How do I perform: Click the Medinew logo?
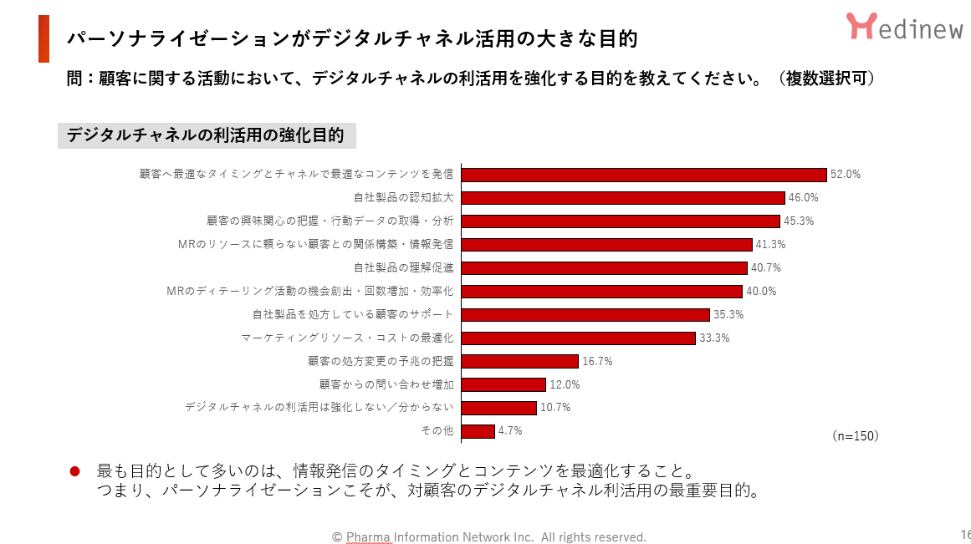pos(904,27)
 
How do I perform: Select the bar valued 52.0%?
pos(644,175)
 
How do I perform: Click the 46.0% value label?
pos(803,198)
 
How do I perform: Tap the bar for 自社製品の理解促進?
pos(604,268)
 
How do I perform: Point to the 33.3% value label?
pos(714,338)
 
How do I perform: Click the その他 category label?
pos(437,431)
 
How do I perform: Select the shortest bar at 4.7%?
pos(478,431)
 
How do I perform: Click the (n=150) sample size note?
pos(856,436)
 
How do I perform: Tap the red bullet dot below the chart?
pos(74,471)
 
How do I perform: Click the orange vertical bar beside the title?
pos(43,38)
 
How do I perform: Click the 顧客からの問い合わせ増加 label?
pos(386,384)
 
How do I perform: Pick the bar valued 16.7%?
pos(519,362)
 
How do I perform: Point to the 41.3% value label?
pos(770,245)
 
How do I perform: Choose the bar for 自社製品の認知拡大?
pos(623,198)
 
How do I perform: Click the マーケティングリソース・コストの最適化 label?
pos(347,338)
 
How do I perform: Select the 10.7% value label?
pos(555,408)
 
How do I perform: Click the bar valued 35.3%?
pos(585,315)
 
